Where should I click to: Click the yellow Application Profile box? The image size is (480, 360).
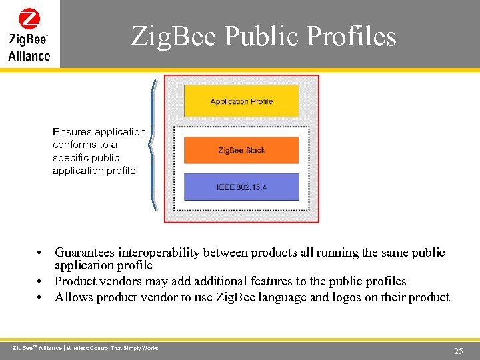[x=241, y=101]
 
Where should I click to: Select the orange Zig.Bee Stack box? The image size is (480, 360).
[x=241, y=150]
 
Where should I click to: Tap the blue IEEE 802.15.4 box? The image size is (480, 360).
[x=241, y=187]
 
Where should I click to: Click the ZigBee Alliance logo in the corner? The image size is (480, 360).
[x=29, y=35]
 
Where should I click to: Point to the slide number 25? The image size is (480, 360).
[x=458, y=351]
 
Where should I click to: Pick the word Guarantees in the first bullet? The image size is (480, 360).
[x=85, y=253]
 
